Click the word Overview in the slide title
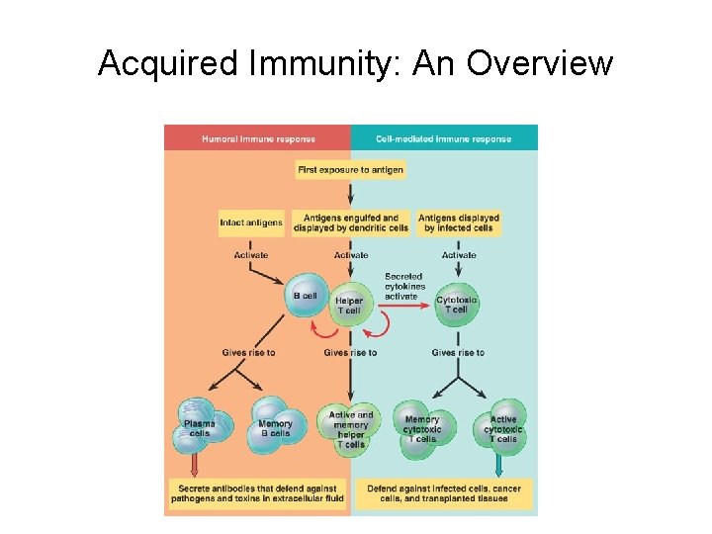pos(540,63)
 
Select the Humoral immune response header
pos(256,139)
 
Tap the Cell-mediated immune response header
pos(444,139)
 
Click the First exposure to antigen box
pos(351,170)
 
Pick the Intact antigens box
pos(251,222)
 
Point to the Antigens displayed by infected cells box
pos(458,222)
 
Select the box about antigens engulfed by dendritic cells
pos(351,222)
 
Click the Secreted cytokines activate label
pos(401,286)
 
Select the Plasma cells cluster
pos(200,426)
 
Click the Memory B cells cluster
pos(274,426)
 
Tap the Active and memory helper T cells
pos(350,429)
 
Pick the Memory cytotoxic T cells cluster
pos(422,428)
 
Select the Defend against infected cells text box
pos(445,492)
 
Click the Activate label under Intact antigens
pos(251,255)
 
